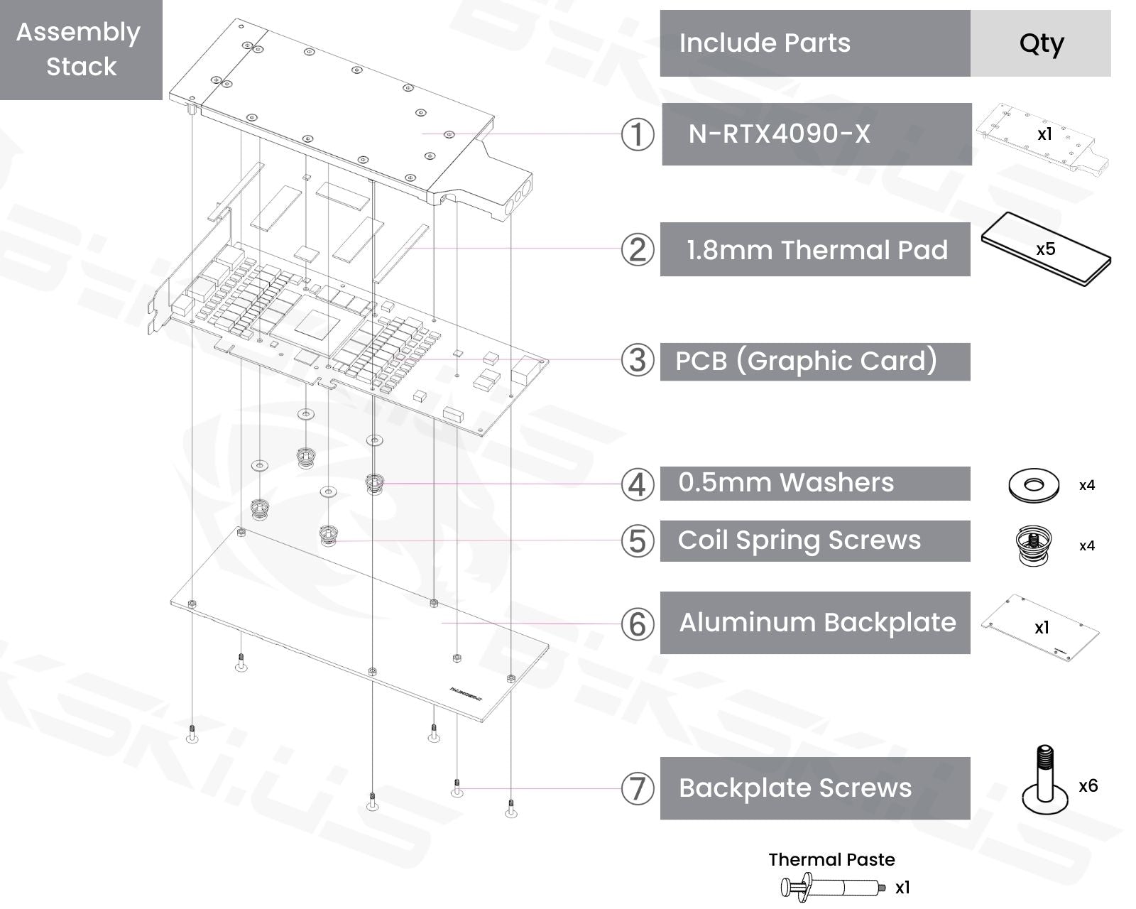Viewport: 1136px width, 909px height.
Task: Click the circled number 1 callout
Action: pos(637,135)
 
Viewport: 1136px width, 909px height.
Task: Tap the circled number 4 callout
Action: pos(637,484)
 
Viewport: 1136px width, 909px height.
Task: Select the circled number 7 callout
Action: pos(637,788)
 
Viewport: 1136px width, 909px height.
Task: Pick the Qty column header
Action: pos(1040,43)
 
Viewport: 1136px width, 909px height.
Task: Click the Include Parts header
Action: pos(815,43)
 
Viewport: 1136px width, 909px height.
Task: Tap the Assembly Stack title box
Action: pos(81,50)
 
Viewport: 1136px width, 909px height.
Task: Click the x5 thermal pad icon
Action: pos(1046,249)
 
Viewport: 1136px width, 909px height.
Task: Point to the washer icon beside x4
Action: pos(1033,486)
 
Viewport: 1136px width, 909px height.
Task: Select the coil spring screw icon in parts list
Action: pos(1034,545)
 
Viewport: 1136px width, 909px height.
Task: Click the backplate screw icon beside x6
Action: pos(1045,780)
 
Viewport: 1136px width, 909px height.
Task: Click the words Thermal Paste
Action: pos(831,860)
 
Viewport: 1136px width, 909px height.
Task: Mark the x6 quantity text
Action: pos(1088,786)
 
